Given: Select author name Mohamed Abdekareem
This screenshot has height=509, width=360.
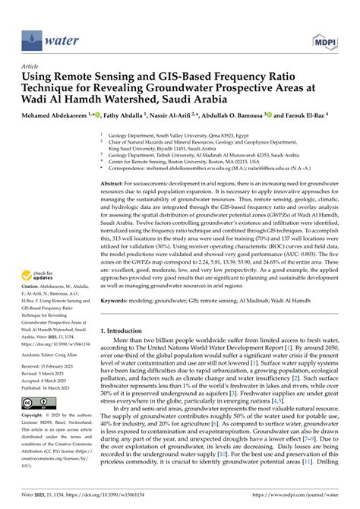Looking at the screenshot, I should click(50, 116).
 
